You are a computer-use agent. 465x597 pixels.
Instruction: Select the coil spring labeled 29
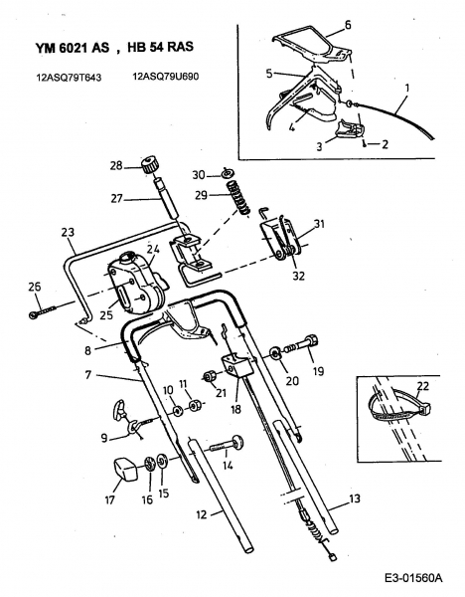pos(238,196)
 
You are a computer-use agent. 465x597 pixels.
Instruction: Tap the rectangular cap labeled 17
pos(125,469)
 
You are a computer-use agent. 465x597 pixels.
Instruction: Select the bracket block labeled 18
pos(238,366)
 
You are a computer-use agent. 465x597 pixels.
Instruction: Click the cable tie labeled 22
pos(399,407)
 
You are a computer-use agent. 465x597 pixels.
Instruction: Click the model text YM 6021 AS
pos(73,47)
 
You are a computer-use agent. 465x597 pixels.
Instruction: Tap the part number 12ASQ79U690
pos(165,77)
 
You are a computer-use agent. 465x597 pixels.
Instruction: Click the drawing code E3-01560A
pos(413,578)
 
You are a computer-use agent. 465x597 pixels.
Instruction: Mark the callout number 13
pos(354,498)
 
